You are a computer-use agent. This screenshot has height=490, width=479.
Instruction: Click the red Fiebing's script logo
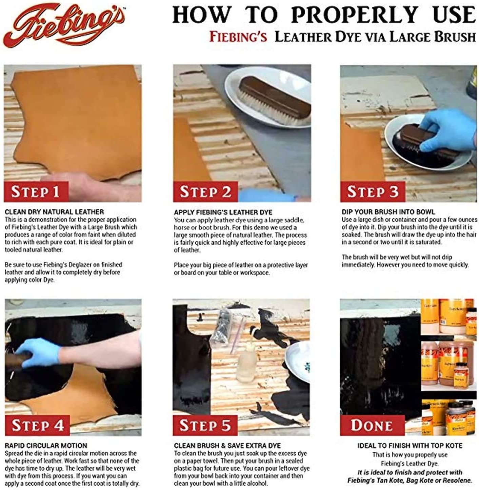click(x=64, y=25)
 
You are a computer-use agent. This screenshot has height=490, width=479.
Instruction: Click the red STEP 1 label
click(x=36, y=191)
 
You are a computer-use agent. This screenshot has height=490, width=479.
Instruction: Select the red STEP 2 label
click(x=205, y=191)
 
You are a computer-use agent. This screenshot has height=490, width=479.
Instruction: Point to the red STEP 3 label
click(x=373, y=191)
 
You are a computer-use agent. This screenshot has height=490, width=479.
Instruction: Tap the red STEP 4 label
click(x=37, y=425)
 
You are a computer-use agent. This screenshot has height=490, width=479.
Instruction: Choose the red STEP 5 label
click(x=205, y=425)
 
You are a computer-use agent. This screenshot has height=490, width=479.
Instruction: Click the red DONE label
click(x=372, y=425)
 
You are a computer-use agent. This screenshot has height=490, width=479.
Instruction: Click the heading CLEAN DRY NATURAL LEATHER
click(x=54, y=212)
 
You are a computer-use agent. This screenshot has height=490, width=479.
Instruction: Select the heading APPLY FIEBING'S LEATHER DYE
click(x=223, y=212)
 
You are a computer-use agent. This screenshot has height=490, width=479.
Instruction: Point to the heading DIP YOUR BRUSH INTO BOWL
click(x=388, y=212)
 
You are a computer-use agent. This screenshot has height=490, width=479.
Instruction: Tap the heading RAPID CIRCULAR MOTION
click(x=46, y=445)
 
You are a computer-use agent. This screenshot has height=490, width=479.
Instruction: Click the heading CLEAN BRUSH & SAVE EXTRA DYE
click(x=227, y=446)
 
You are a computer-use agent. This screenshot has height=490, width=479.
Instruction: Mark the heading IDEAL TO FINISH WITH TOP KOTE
click(x=410, y=446)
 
